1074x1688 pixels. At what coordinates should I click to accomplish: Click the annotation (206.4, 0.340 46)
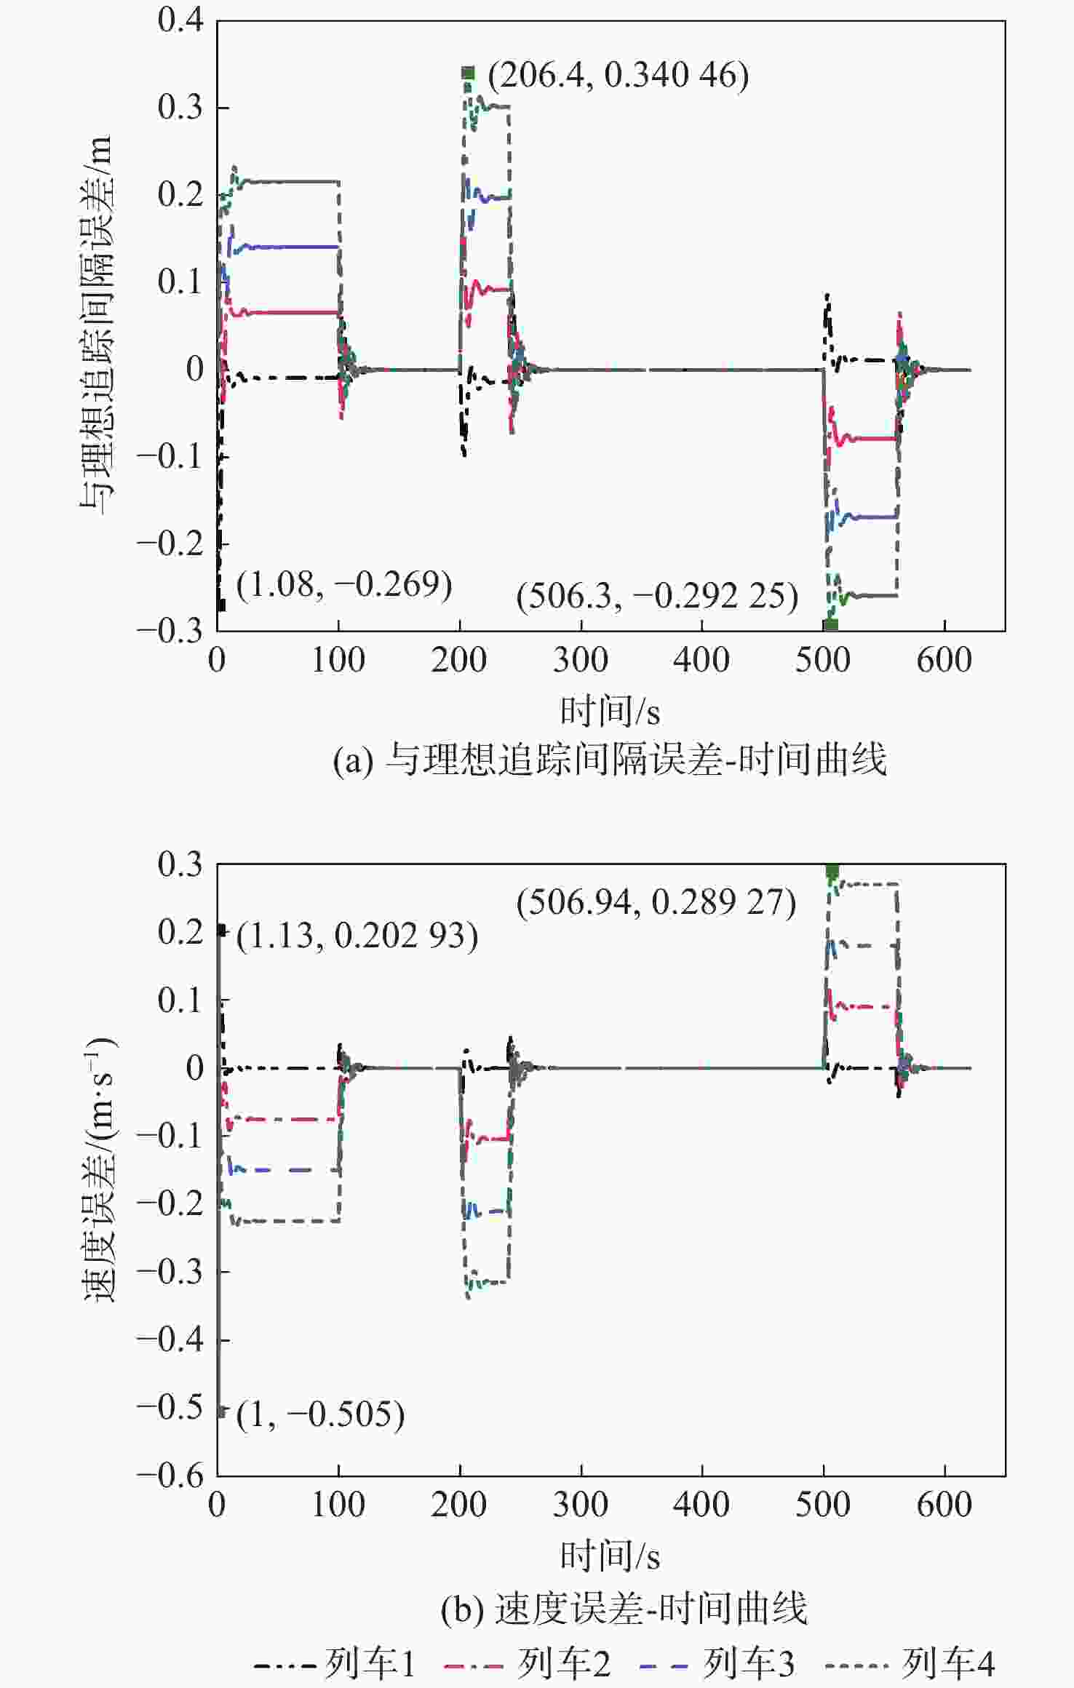[x=618, y=76]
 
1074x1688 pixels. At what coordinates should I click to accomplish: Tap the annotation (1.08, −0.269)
[x=344, y=585]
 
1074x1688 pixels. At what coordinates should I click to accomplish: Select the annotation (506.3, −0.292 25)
[x=657, y=597]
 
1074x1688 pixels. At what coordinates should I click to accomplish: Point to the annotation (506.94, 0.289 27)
[x=656, y=903]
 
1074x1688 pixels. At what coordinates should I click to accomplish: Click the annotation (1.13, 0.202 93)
[x=357, y=936]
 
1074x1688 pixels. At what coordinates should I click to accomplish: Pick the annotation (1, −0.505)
[x=320, y=1414]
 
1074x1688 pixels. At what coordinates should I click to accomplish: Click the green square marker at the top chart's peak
[x=468, y=73]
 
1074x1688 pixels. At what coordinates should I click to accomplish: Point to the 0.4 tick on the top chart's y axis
[x=180, y=20]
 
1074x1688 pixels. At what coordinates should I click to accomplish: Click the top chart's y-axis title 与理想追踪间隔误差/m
[x=97, y=325]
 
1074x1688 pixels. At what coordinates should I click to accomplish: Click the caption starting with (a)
[x=610, y=760]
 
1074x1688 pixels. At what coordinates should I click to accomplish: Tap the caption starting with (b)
[x=624, y=1609]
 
